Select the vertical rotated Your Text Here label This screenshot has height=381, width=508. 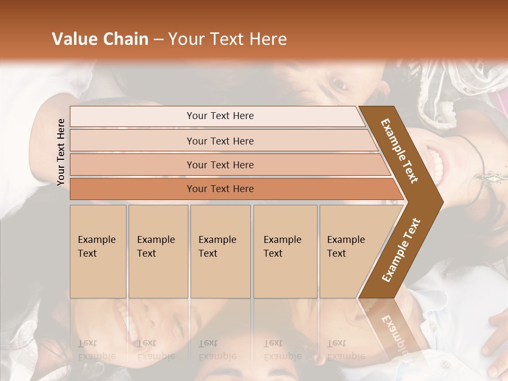pos(61,152)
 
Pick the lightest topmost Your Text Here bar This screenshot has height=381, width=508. pos(220,116)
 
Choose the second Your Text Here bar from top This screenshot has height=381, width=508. pos(220,141)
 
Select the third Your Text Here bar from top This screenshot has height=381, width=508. pos(220,165)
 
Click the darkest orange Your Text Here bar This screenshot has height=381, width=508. pos(220,189)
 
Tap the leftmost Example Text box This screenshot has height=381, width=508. pos(98,251)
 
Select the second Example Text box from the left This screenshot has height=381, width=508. pos(158,251)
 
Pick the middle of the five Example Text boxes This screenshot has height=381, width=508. pos(220,251)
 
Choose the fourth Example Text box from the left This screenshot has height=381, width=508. pos(285,251)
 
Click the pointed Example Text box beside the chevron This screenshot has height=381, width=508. pos(349,251)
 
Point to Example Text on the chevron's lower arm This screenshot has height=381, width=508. pos(401,250)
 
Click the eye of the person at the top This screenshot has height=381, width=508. pos(339,84)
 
